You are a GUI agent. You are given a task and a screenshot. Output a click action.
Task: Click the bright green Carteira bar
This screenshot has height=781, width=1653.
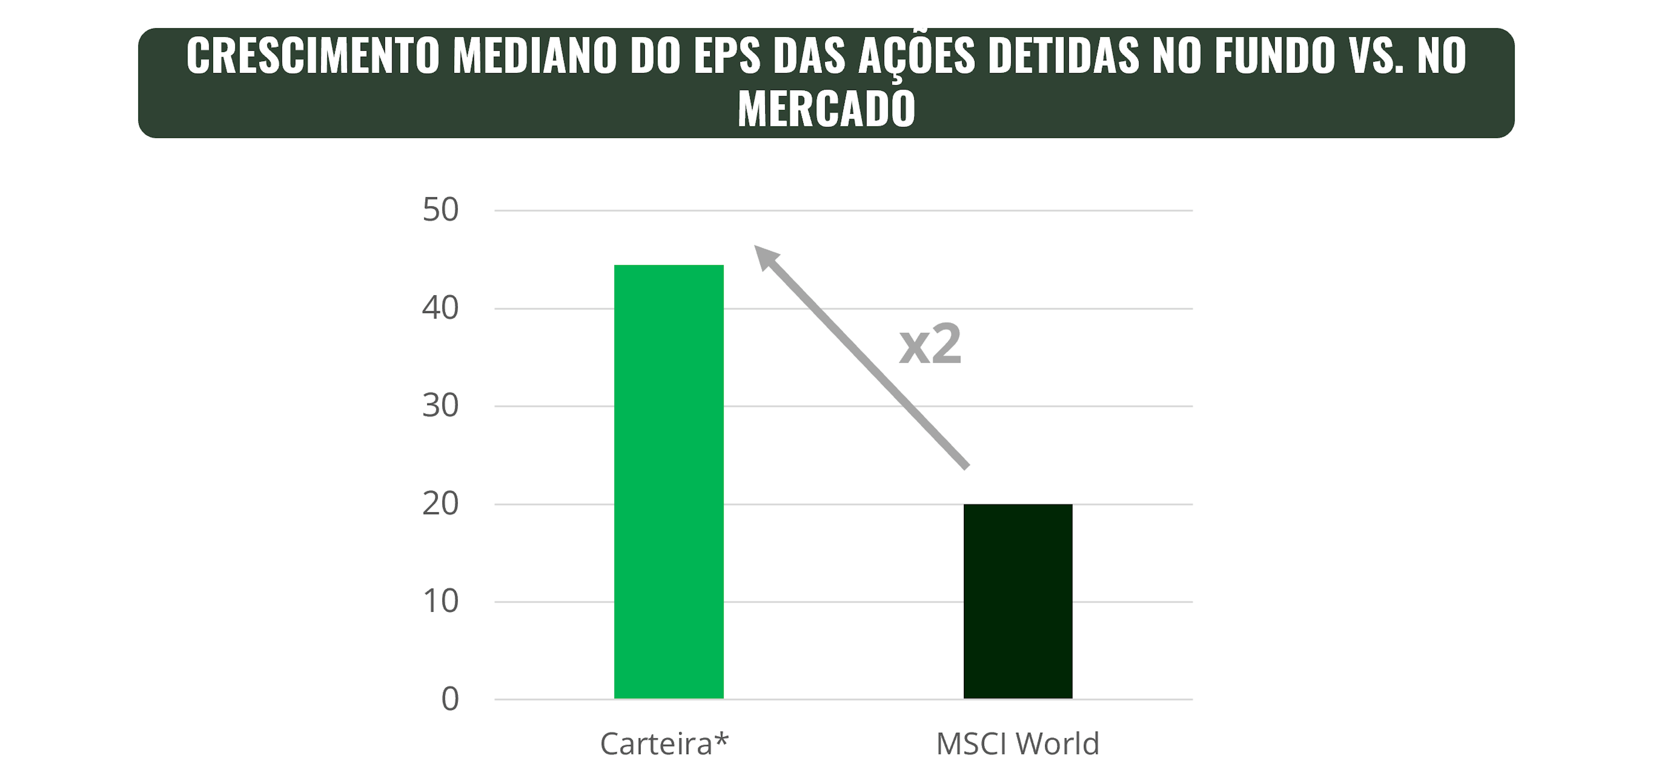[669, 481]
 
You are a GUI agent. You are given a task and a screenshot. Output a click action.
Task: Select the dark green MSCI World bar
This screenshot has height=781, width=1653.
[1018, 601]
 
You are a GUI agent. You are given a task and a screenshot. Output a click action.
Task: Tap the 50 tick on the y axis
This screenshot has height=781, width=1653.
[440, 210]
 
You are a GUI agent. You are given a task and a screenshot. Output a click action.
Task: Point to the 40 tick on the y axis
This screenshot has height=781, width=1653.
[440, 308]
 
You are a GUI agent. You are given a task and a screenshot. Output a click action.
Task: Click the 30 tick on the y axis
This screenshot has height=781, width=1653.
[440, 406]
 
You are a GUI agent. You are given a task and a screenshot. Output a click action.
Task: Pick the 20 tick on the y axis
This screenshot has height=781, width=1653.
[440, 504]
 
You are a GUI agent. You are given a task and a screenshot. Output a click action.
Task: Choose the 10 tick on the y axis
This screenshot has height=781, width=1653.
[440, 601]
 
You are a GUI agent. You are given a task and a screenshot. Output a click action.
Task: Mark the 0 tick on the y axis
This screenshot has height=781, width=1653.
[450, 699]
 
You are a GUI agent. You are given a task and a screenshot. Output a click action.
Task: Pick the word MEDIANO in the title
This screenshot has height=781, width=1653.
[534, 56]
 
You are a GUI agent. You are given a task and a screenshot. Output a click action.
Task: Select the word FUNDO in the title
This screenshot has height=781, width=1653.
[1274, 56]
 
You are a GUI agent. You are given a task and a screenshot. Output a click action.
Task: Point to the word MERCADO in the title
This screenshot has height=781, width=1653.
[826, 109]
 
